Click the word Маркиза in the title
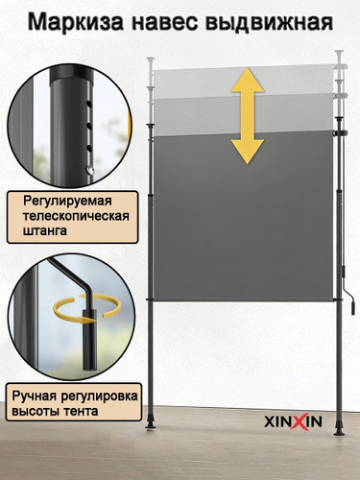click(x=76, y=23)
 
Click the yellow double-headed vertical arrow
click(x=248, y=116)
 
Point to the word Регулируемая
click(x=67, y=202)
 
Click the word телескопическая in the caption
click(x=76, y=216)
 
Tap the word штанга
click(x=45, y=230)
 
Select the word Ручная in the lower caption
click(x=35, y=396)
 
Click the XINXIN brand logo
click(x=293, y=421)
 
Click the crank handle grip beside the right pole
click(x=353, y=308)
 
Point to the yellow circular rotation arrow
click(x=87, y=307)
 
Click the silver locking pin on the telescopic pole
click(x=91, y=169)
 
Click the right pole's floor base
click(x=339, y=429)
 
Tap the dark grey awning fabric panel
click(x=243, y=218)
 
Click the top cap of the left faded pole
click(x=151, y=60)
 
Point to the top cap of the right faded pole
click(x=339, y=51)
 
